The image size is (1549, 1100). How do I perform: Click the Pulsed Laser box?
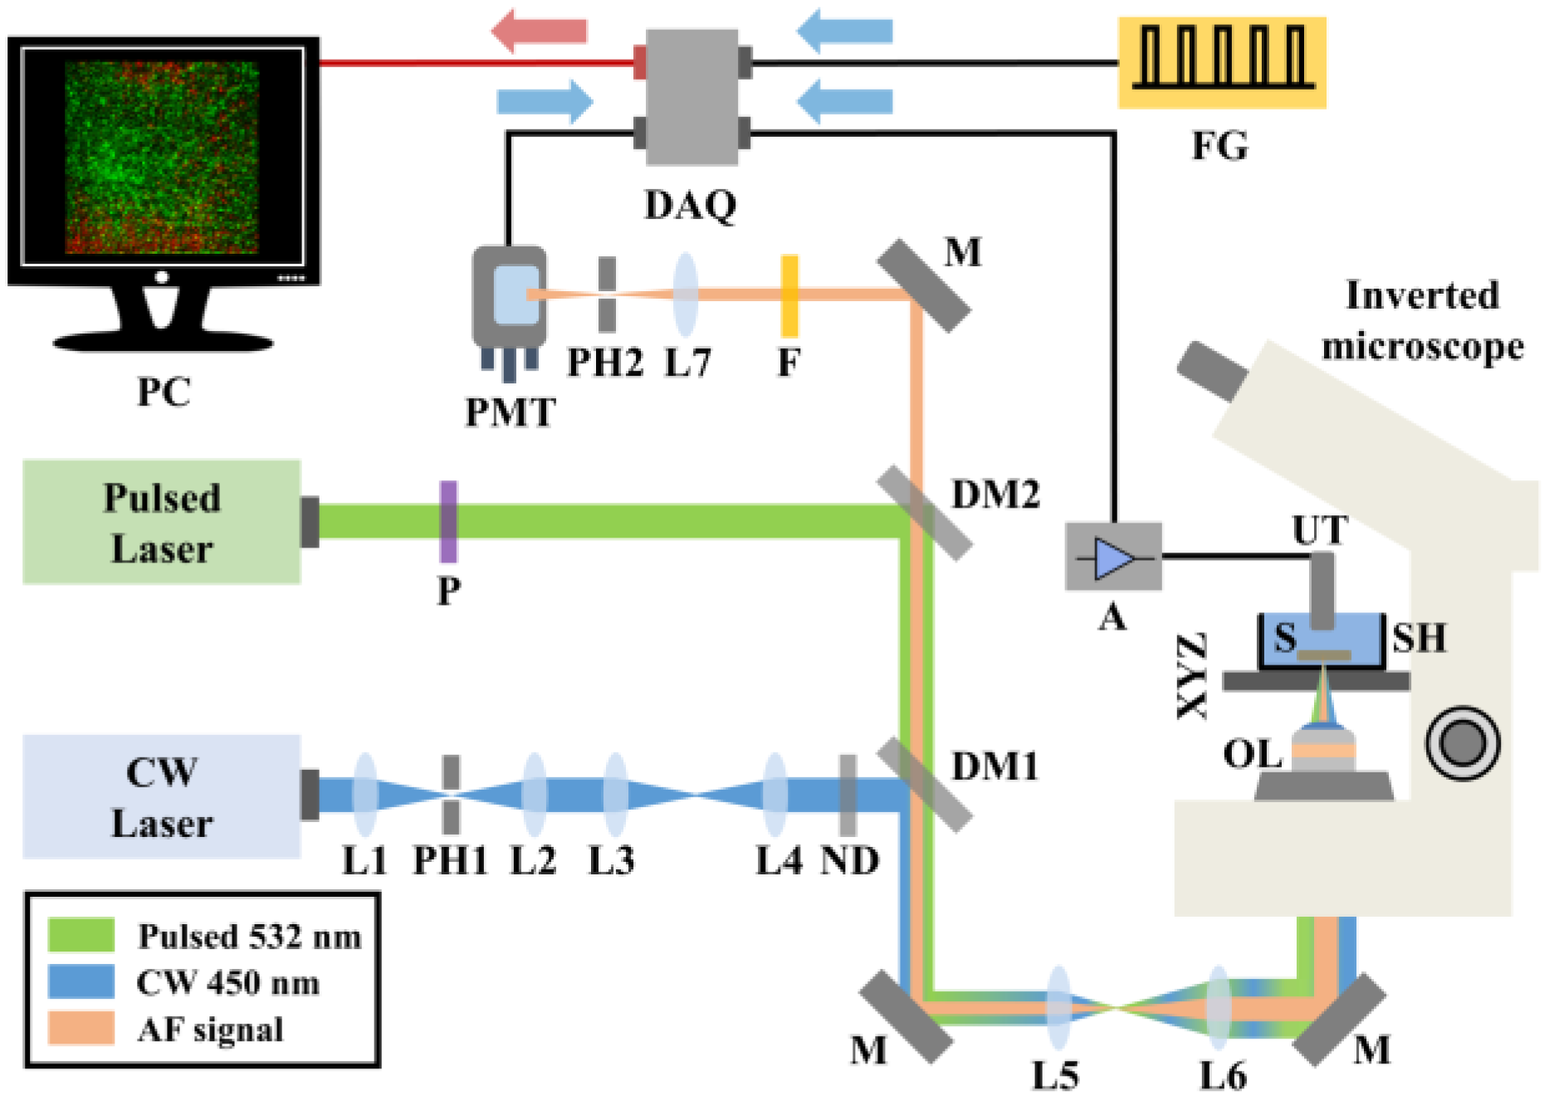(x=161, y=522)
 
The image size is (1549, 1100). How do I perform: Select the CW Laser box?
(x=161, y=796)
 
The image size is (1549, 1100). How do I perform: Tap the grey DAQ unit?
(x=691, y=96)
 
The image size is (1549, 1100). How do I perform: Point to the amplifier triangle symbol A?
(x=1113, y=557)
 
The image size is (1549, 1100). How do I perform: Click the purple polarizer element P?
(x=448, y=521)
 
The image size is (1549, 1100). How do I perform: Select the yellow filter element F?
(x=789, y=295)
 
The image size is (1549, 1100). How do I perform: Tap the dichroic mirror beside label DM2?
(x=924, y=513)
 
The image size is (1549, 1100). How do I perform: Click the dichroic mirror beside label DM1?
(x=924, y=785)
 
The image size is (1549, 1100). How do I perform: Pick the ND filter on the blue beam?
(x=848, y=795)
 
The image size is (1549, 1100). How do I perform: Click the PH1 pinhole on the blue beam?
(x=451, y=795)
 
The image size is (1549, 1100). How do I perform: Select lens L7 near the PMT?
(x=686, y=294)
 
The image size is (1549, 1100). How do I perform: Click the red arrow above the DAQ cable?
(x=539, y=31)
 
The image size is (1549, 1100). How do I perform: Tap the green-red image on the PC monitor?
(x=162, y=157)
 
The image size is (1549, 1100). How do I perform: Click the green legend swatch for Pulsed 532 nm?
(x=81, y=935)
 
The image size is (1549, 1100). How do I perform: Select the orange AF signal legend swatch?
(x=81, y=1028)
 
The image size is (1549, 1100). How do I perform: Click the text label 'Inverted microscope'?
(x=1422, y=320)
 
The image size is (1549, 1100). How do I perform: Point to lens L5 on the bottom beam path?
(x=1058, y=1007)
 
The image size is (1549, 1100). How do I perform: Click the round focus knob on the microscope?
(x=1463, y=742)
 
